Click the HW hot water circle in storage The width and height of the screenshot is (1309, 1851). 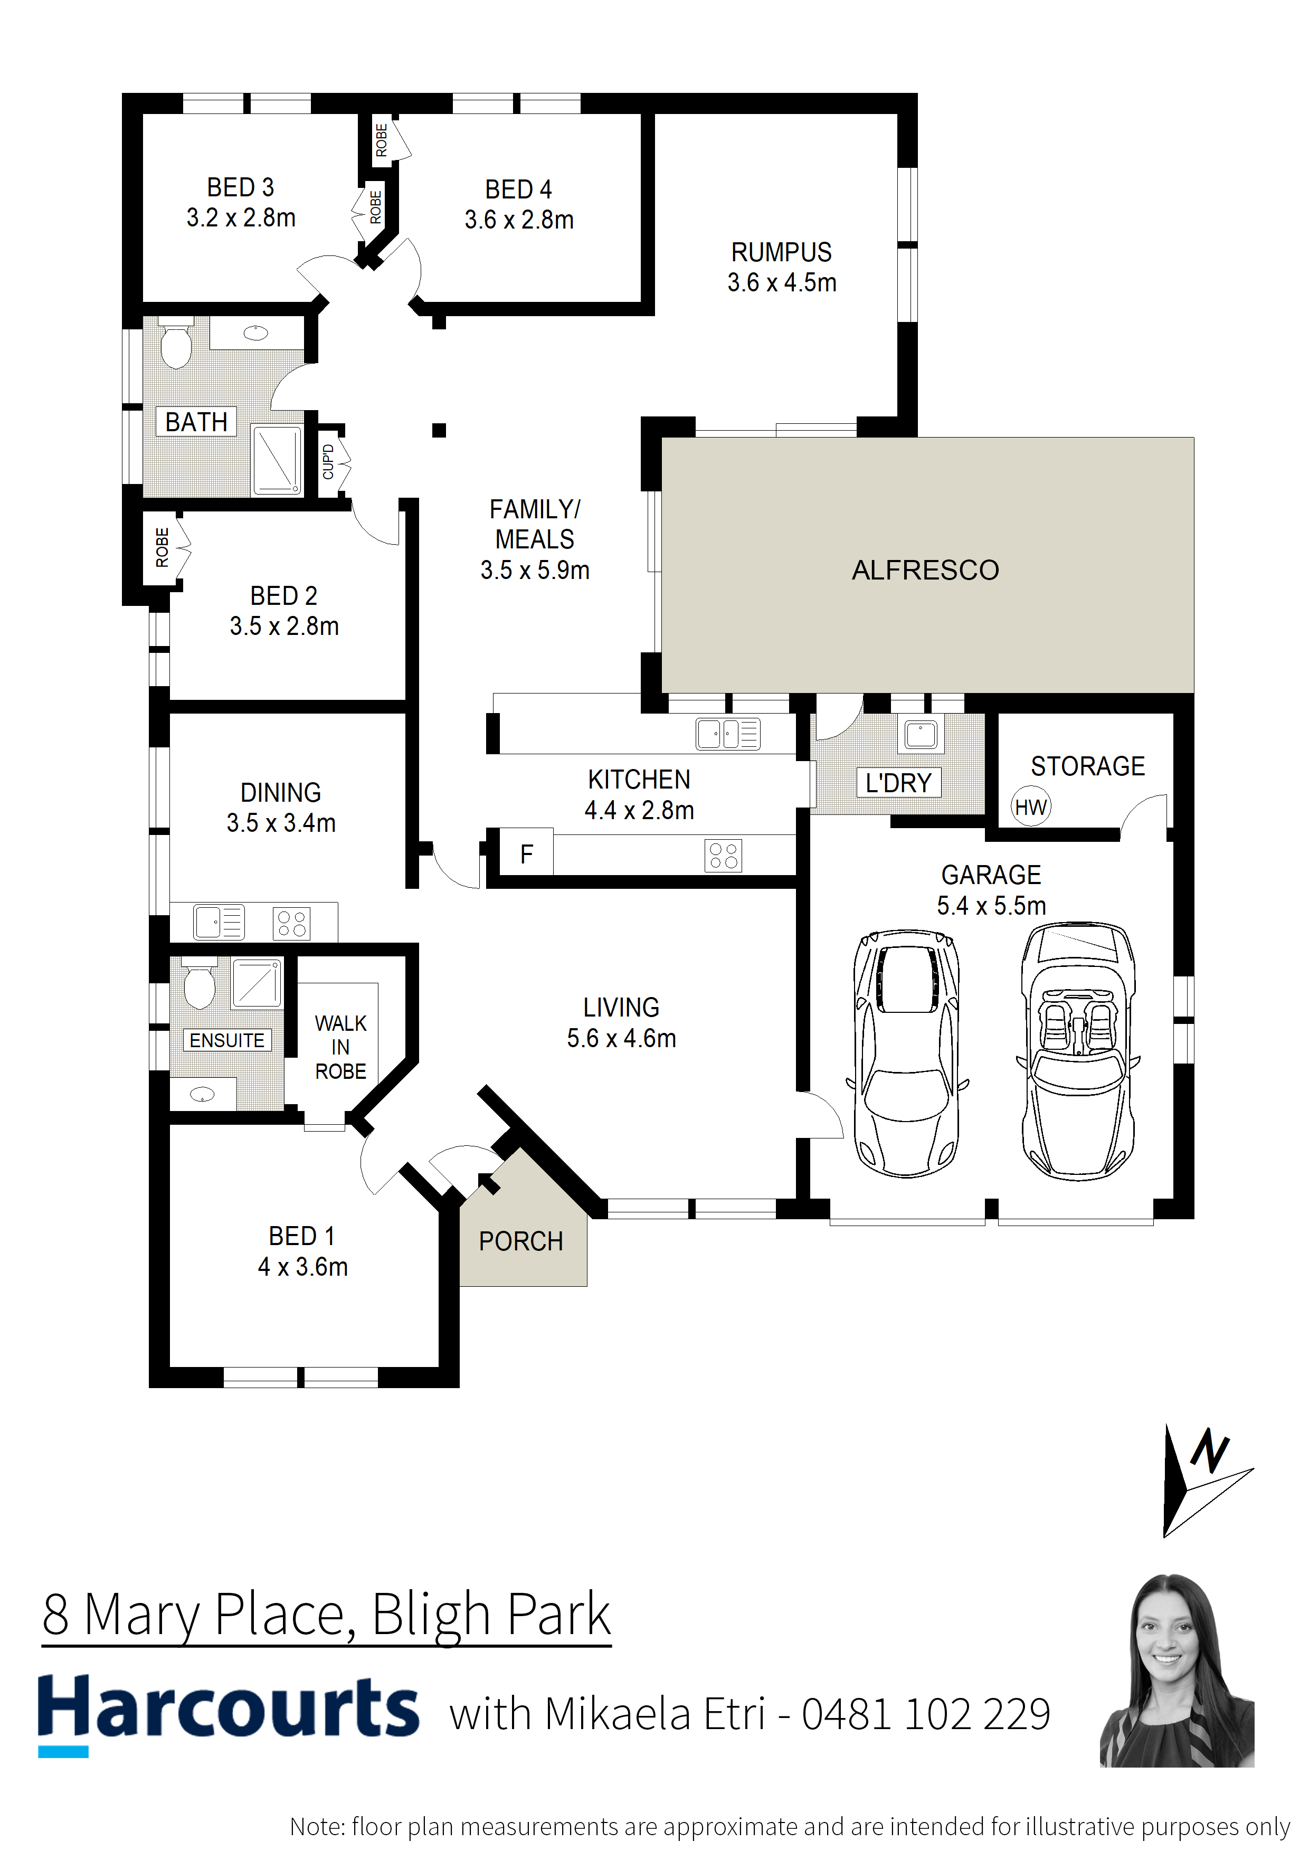coord(1030,807)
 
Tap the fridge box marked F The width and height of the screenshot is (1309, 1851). coord(526,853)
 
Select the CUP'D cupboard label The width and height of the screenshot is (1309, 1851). coord(328,462)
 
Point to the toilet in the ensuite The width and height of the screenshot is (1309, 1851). coord(199,985)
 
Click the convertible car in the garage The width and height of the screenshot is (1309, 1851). coord(1078,1052)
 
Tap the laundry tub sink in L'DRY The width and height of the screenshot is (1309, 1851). coord(921,734)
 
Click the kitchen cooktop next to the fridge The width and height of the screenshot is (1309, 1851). coord(723,856)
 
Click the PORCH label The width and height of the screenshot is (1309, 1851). coord(521,1241)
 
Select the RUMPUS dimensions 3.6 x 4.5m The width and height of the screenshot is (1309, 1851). coord(781,283)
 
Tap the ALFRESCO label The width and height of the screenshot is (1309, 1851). coord(925,570)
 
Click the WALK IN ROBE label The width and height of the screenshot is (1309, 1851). coord(340,1047)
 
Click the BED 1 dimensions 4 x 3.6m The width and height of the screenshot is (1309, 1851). coord(302,1267)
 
